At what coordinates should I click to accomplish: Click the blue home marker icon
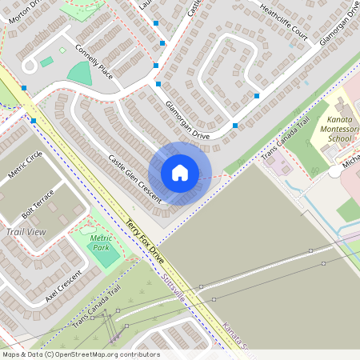click(x=180, y=172)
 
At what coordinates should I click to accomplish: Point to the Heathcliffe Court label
click(x=283, y=19)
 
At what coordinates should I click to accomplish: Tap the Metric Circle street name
click(x=24, y=165)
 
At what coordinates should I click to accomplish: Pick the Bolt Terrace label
click(x=38, y=203)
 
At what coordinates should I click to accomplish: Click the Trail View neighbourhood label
click(x=26, y=232)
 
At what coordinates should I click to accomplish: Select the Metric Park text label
click(x=101, y=242)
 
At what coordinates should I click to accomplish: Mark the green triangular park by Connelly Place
click(x=80, y=74)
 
